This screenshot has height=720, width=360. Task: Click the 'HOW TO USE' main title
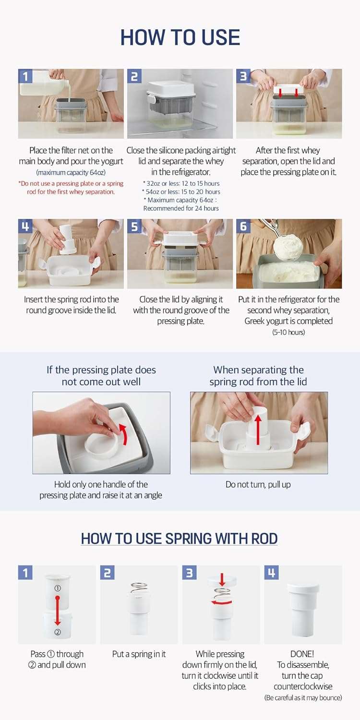click(180, 37)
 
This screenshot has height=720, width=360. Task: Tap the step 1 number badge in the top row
click(25, 76)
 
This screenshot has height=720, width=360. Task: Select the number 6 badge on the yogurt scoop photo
click(243, 226)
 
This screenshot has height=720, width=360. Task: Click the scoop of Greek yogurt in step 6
click(288, 246)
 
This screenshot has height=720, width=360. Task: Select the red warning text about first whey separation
click(71, 188)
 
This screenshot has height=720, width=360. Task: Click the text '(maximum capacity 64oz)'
click(71, 172)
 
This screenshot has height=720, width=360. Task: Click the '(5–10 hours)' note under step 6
click(288, 332)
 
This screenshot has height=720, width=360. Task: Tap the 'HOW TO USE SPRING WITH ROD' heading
click(180, 539)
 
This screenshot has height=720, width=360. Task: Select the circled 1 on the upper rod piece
click(58, 588)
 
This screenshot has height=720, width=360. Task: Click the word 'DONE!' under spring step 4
click(303, 654)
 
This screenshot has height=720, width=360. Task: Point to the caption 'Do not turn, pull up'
click(258, 484)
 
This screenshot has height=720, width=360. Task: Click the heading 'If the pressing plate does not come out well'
click(101, 376)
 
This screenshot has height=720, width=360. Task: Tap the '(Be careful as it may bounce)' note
click(303, 697)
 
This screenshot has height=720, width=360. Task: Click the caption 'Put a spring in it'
click(139, 654)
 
